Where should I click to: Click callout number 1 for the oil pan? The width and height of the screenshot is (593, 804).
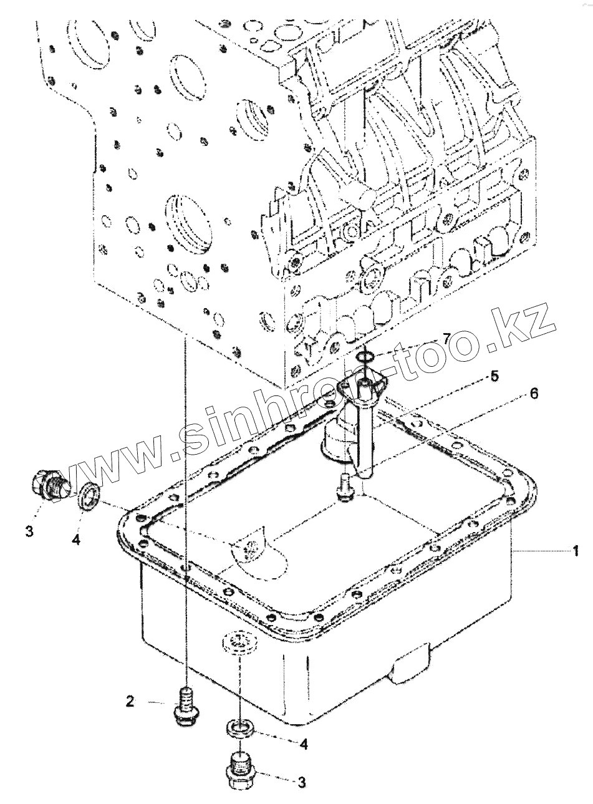tap(577, 550)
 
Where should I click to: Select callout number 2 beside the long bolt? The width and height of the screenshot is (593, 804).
tap(130, 702)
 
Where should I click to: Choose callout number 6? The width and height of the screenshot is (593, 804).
tap(534, 394)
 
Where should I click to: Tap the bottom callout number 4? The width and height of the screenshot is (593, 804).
tap(304, 743)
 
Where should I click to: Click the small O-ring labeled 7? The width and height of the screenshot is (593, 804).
tap(367, 357)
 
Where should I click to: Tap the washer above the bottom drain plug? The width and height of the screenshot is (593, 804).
tap(239, 728)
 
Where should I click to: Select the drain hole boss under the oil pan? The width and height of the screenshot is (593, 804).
tap(239, 641)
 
